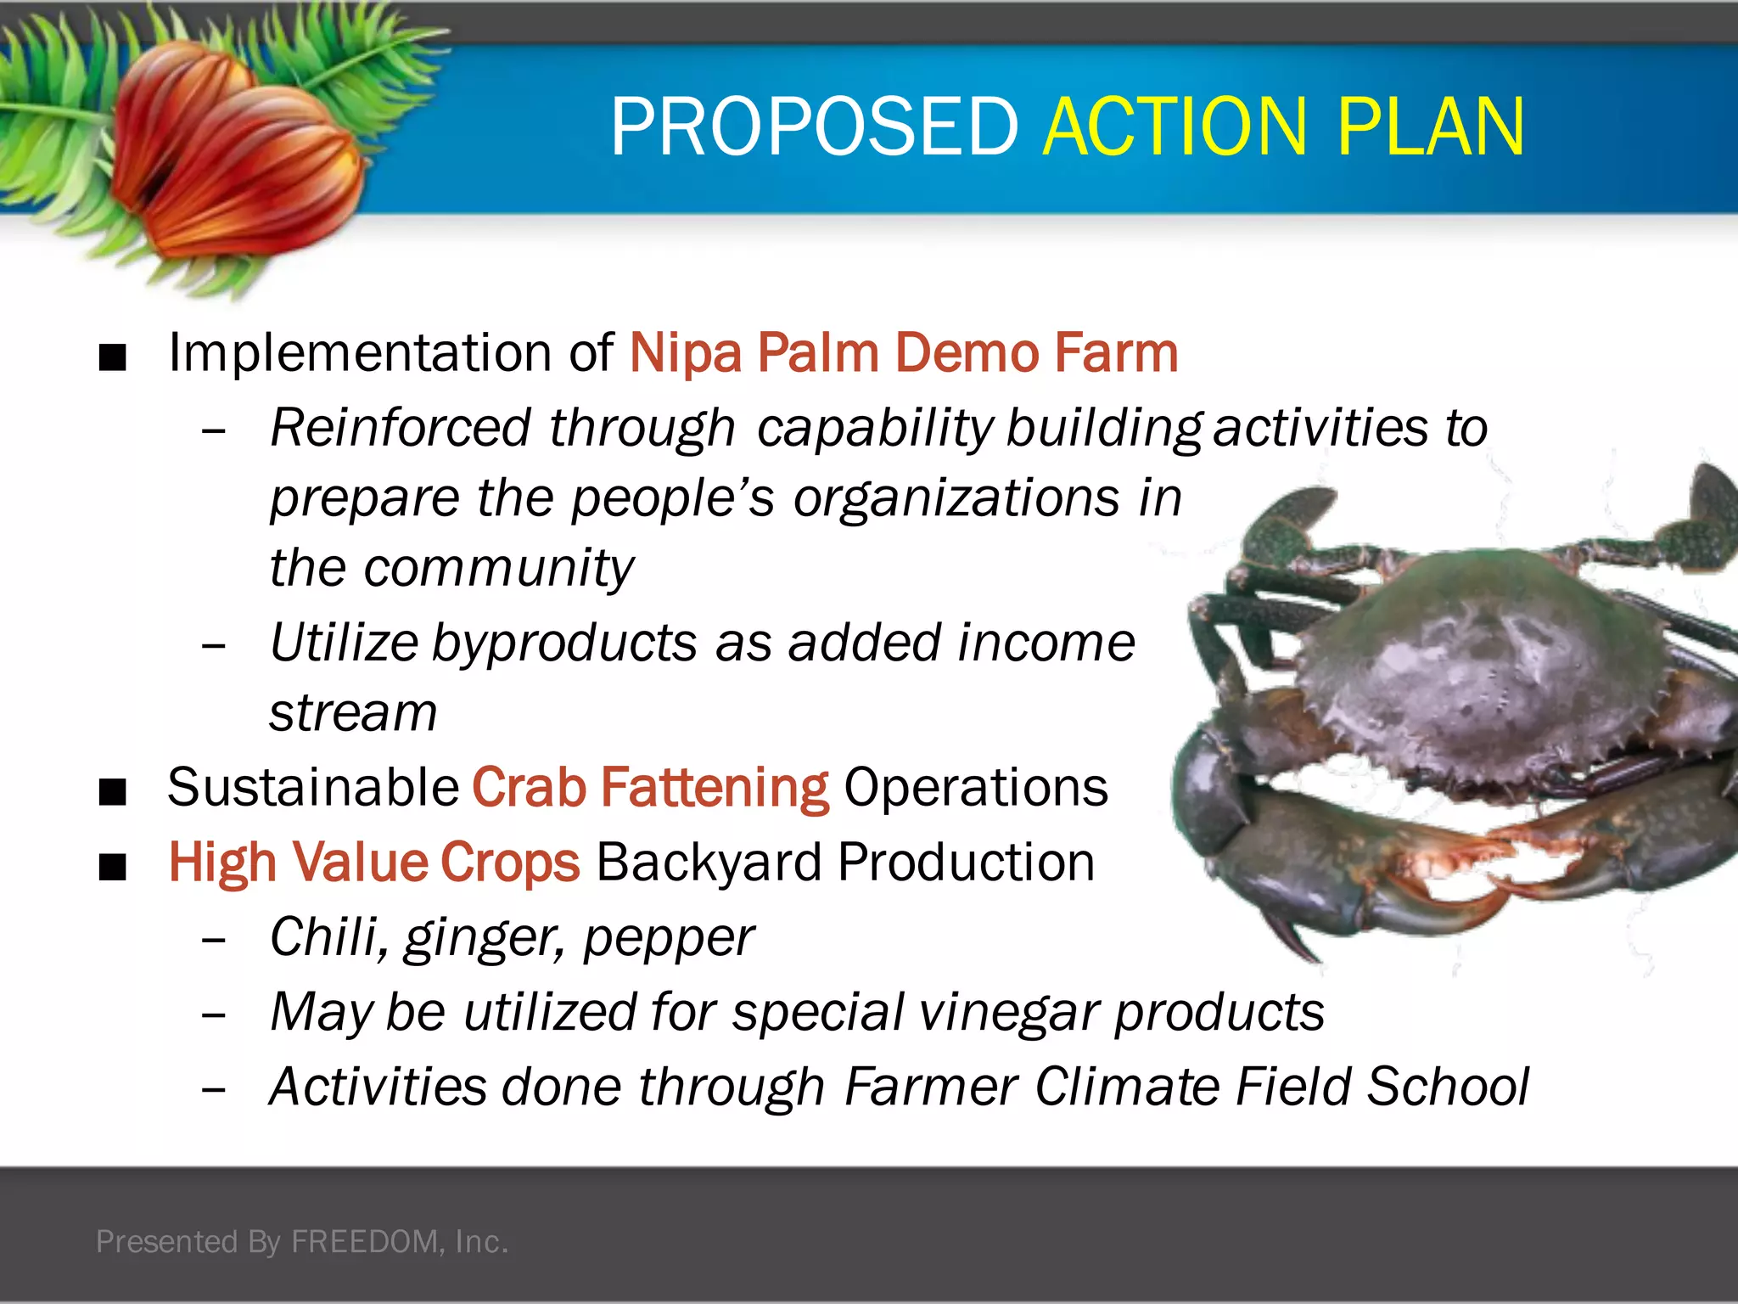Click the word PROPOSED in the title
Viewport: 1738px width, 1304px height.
(814, 127)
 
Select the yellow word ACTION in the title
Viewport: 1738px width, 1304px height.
(1176, 127)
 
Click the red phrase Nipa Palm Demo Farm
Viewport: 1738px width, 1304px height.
(904, 353)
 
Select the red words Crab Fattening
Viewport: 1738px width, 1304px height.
(650, 788)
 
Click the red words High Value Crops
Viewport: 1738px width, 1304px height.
(374, 863)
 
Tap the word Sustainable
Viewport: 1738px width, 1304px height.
(313, 788)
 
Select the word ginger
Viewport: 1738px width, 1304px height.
(481, 939)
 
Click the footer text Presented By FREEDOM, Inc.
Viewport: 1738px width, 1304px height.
(302, 1241)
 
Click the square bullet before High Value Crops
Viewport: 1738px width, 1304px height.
(112, 868)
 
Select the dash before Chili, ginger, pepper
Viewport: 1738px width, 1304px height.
(214, 941)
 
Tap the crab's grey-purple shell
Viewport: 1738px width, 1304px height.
(1477, 662)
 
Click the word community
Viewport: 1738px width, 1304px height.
(498, 568)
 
